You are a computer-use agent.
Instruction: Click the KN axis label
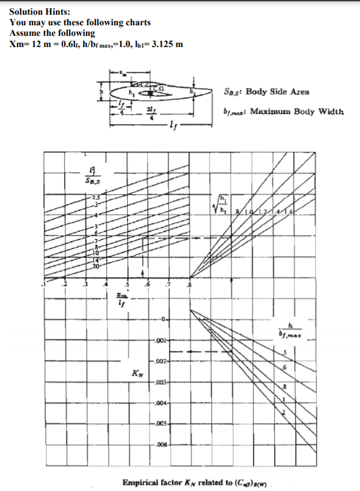click(136, 373)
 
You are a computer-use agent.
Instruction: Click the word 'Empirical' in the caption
click(142, 483)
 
